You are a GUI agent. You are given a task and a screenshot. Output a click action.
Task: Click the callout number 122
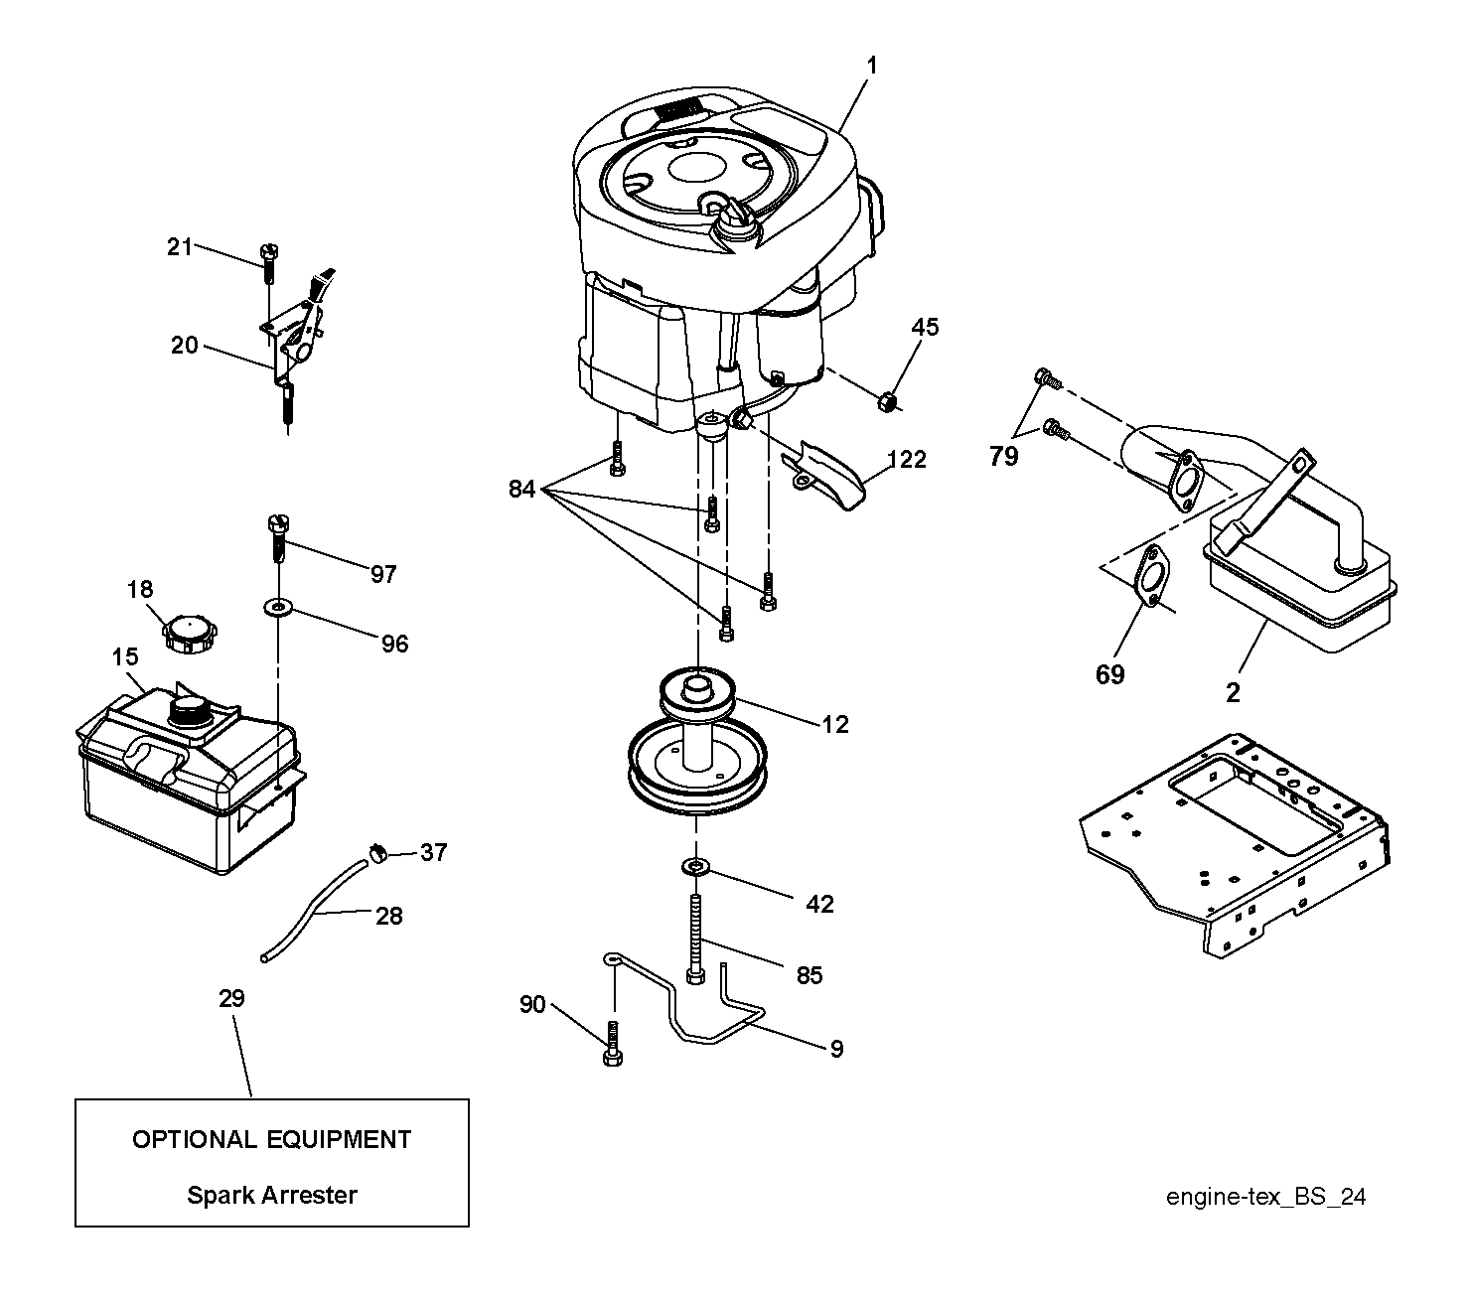coord(907,459)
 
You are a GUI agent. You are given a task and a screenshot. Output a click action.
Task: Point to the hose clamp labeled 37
coord(377,852)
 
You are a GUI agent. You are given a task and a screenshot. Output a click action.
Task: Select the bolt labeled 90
coord(613,1044)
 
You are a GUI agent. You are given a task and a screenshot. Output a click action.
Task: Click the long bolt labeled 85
coord(695,939)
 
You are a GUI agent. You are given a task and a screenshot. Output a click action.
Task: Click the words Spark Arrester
coord(272,1196)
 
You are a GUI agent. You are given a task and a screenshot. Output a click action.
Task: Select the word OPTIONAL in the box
coord(195,1139)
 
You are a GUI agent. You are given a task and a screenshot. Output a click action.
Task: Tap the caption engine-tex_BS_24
coord(1266,1197)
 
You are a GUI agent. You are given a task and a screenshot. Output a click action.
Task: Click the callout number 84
coord(522,489)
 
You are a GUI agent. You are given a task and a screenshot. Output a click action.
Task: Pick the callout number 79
coord(1003,456)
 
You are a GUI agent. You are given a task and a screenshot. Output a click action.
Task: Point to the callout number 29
coord(231,998)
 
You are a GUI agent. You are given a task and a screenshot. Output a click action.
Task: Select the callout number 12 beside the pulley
coord(835,724)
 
